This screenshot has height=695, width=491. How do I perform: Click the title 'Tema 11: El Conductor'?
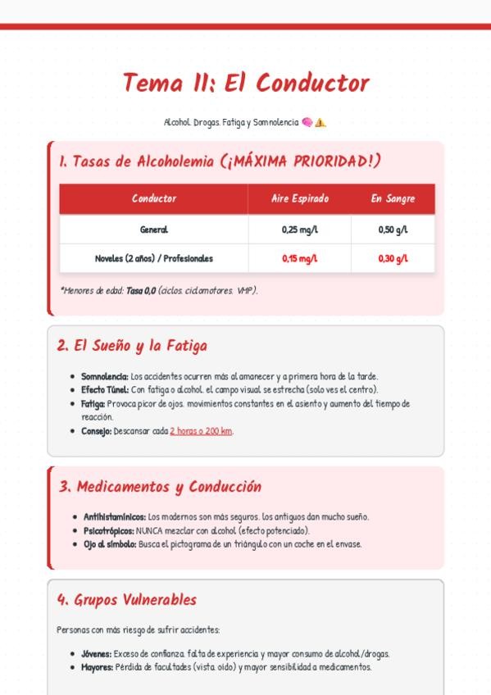246,83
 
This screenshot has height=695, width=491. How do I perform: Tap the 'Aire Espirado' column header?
299,198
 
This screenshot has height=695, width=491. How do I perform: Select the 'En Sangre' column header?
393,198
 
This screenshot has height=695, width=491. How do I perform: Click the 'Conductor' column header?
153,198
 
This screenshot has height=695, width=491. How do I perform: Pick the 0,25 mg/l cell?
299,229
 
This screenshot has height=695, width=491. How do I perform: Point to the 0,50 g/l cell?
393,229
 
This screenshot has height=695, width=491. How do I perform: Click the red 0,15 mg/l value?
299,258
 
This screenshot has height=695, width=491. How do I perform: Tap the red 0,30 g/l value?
393,258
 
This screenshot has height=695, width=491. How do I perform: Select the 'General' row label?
153,229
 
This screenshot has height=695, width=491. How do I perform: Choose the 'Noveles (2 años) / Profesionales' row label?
153,258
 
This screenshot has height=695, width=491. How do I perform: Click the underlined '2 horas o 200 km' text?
201,431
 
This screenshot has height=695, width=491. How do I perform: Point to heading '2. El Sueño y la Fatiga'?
132,346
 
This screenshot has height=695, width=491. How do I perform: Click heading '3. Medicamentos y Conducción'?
160,487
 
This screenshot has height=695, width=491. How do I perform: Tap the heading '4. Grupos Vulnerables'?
127,600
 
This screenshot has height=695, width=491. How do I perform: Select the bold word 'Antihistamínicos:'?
115,517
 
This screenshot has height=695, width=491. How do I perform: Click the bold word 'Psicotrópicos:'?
109,530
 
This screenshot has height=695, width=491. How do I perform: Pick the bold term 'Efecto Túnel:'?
105,390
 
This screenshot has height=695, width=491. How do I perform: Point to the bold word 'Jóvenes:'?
96,654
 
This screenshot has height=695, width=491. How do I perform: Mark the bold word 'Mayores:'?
97,667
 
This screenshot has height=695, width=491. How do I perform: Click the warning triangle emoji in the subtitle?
321,123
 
